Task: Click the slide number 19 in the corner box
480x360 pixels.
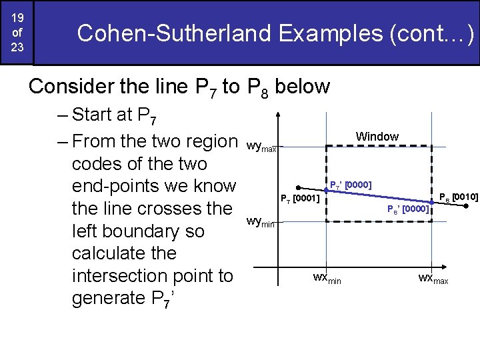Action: (x=17, y=17)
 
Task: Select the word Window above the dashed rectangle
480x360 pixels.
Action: (x=377, y=137)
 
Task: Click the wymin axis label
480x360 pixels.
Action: (x=260, y=221)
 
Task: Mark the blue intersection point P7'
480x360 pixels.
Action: (x=327, y=191)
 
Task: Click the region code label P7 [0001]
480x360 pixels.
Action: (x=300, y=199)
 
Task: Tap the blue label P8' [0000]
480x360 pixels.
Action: (x=408, y=209)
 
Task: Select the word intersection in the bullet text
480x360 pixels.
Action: (x=152, y=275)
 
